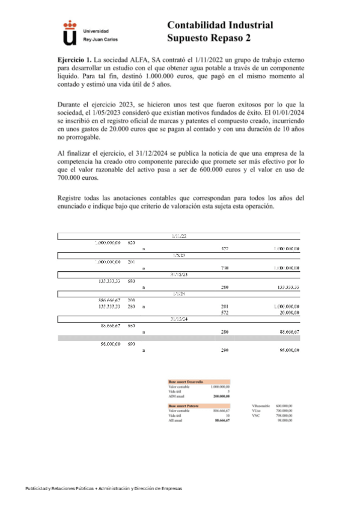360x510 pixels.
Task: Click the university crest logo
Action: coord(70,32)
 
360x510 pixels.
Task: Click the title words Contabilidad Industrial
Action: coord(219,25)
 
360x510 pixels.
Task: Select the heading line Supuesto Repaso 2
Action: coord(209,39)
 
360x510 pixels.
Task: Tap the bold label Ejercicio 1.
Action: coord(75,61)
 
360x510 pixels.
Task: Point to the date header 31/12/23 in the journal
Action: coord(178,274)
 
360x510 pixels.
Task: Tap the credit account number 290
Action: coord(224,350)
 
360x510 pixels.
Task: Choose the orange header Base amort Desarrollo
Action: coord(186,382)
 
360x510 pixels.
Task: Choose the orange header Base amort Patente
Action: coord(184,406)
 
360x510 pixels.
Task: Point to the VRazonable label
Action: coord(261,406)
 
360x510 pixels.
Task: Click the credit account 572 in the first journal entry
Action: coord(224,248)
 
